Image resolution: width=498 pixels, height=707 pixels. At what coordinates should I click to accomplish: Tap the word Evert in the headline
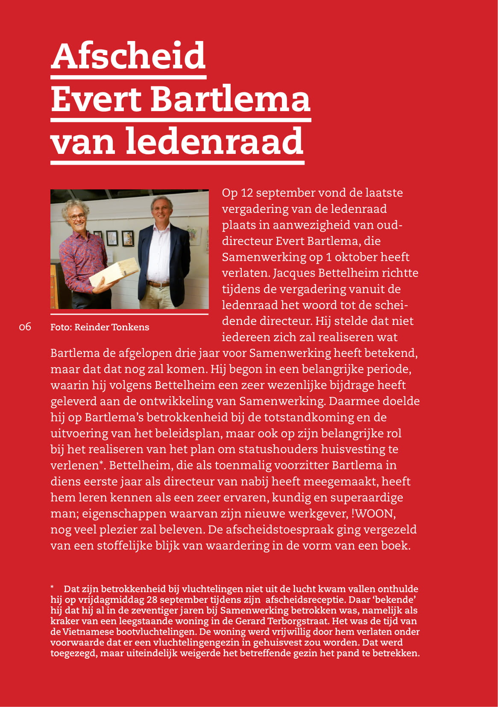tap(96, 99)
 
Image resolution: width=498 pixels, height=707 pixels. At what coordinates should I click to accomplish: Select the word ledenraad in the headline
tap(214, 141)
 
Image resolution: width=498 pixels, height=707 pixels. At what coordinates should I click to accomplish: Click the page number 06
tap(25, 327)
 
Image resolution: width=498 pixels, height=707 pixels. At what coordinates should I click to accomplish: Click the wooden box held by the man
tap(114, 274)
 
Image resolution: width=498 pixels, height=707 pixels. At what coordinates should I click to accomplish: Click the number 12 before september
tap(247, 193)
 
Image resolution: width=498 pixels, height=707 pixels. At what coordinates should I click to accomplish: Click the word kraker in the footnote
tap(64, 621)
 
